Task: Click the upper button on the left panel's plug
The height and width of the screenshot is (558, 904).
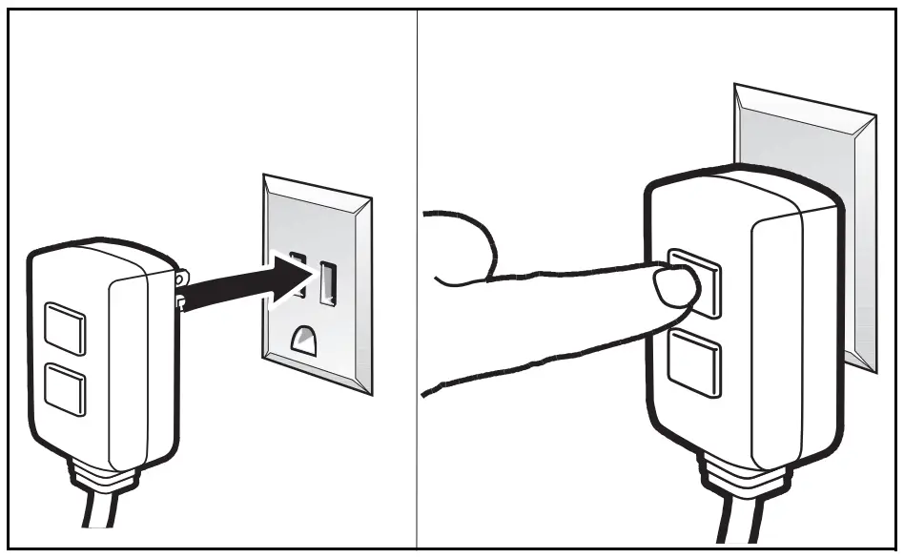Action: pos(64,328)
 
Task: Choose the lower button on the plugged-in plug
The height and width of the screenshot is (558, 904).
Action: pos(695,364)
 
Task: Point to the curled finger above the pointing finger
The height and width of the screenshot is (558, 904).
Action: pos(467,248)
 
